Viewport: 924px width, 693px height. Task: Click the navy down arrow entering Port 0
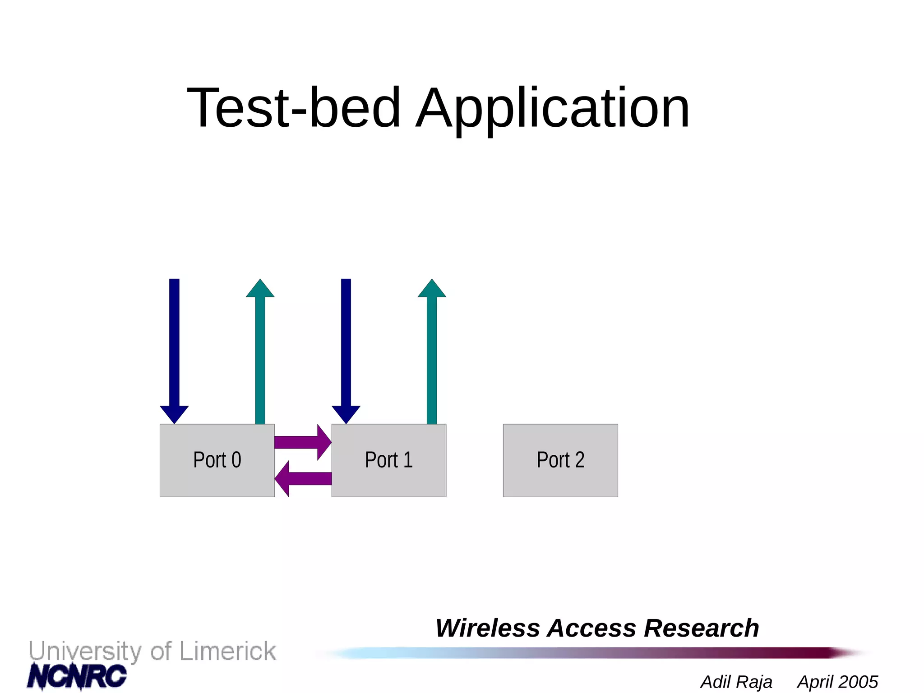[174, 347]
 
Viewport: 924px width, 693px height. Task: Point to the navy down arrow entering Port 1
[346, 347]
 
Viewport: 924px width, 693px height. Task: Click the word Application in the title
[552, 108]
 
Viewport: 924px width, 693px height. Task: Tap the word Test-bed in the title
[294, 108]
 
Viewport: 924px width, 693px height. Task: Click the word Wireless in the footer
[488, 628]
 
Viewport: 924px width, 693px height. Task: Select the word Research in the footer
[701, 628]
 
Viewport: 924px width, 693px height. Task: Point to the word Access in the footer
[595, 628]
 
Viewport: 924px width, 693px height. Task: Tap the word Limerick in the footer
[227, 651]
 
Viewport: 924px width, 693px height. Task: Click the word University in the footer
[85, 652]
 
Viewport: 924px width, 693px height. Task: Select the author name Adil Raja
[736, 682]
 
